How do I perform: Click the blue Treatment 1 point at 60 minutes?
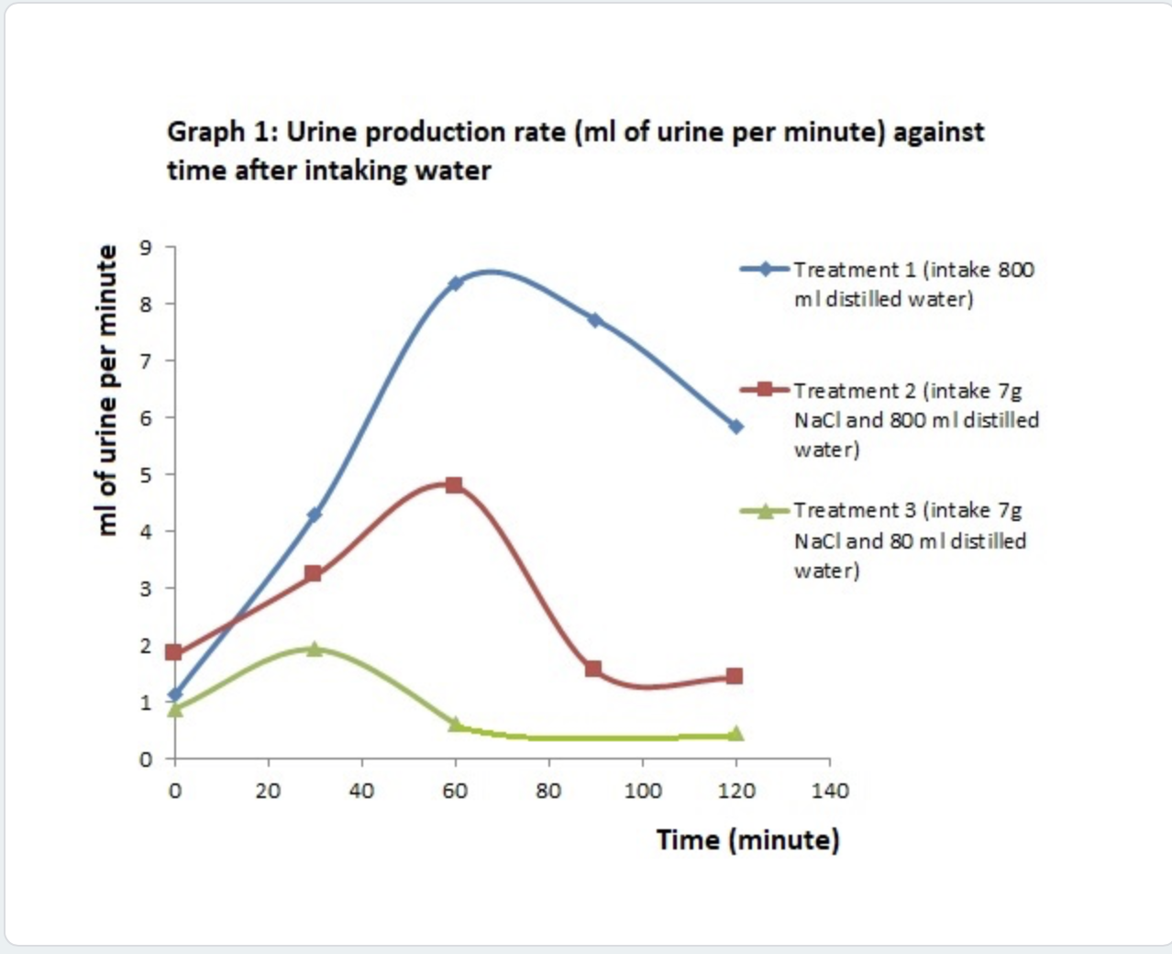coord(455,283)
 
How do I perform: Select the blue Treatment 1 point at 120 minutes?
coord(735,427)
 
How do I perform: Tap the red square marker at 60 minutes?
coord(454,485)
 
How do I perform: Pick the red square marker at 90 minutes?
coord(594,669)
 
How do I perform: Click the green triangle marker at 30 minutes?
coord(315,649)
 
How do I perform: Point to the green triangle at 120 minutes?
coord(735,734)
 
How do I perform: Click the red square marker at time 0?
coord(174,652)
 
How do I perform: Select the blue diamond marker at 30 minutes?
coord(315,515)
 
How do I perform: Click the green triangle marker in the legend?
coord(765,511)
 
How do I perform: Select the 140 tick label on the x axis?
coord(830,791)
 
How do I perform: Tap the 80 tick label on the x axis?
coord(548,791)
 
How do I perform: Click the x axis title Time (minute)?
coord(747,839)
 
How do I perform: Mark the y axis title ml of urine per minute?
coord(107,390)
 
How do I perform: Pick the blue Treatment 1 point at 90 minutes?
coord(594,320)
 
